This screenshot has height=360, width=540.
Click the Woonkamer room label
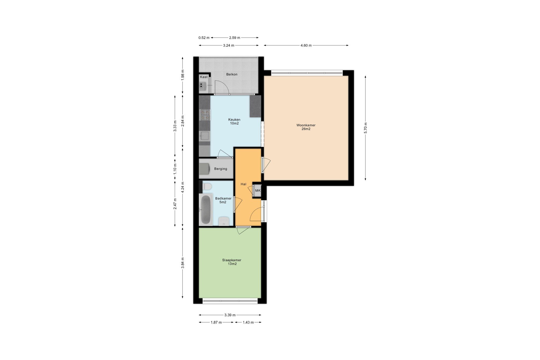pyautogui.click(x=306, y=125)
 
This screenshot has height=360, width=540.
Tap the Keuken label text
pyautogui.click(x=234, y=119)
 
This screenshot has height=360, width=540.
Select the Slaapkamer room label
pyautogui.click(x=232, y=260)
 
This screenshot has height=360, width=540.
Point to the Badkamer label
pyautogui.click(x=223, y=198)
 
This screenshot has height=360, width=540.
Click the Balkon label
pyautogui.click(x=232, y=74)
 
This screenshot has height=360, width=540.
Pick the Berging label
pyautogui.click(x=220, y=169)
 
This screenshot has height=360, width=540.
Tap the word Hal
pyautogui.click(x=243, y=184)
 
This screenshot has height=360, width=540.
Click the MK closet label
pyautogui.click(x=258, y=190)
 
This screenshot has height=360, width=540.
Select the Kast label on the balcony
pyautogui.click(x=204, y=77)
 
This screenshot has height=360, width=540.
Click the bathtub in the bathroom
pyautogui.click(x=206, y=210)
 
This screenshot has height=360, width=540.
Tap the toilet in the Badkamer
pyautogui.click(x=207, y=186)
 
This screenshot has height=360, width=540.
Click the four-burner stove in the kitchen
pyautogui.click(x=205, y=115)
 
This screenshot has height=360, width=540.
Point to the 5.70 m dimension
pyautogui.click(x=365, y=128)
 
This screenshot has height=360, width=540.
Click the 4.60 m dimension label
pyautogui.click(x=306, y=45)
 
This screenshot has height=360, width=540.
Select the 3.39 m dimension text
pyautogui.click(x=230, y=315)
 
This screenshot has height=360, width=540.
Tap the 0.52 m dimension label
pyautogui.click(x=204, y=38)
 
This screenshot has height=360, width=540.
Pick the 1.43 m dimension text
pyautogui.click(x=248, y=322)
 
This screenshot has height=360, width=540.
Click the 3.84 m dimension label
pyautogui.click(x=182, y=263)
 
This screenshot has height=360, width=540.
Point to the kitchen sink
pyautogui.click(x=205, y=136)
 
